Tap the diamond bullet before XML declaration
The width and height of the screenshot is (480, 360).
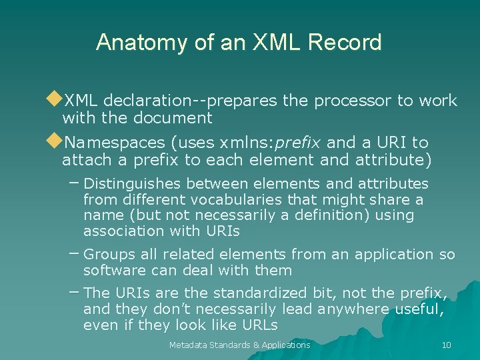[x=54, y=100]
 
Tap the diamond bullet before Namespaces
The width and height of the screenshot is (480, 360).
[x=54, y=141]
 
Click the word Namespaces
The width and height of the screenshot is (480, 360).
[x=114, y=143]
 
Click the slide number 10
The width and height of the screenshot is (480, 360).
[x=446, y=345]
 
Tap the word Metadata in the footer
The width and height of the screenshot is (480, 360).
[x=189, y=345]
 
